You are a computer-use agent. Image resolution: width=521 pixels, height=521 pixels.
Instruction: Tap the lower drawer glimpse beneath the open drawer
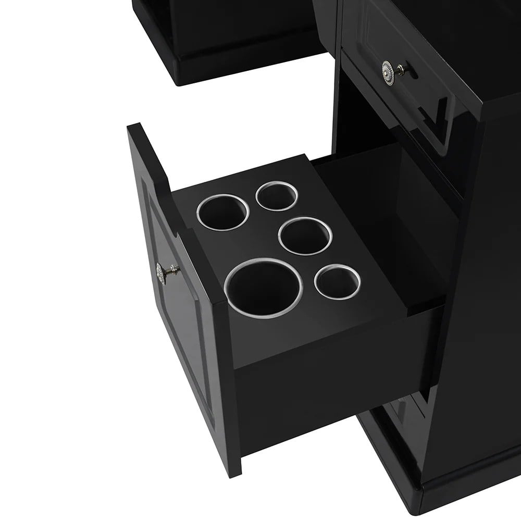coord(401,412)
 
